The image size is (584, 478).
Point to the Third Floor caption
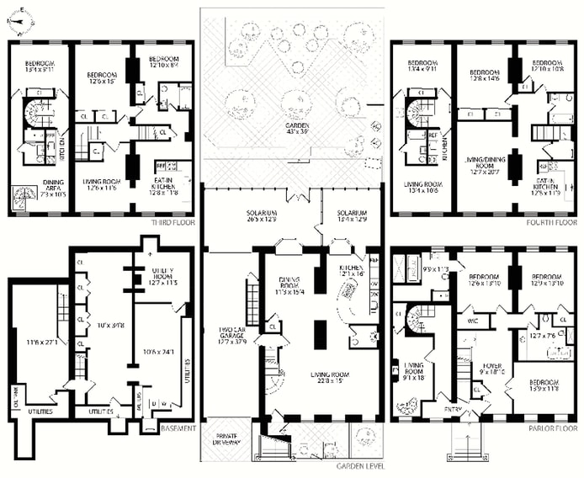click(174, 224)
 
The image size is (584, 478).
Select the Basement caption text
click(178, 428)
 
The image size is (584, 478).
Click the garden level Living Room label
click(322, 376)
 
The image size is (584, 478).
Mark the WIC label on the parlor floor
click(471, 321)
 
